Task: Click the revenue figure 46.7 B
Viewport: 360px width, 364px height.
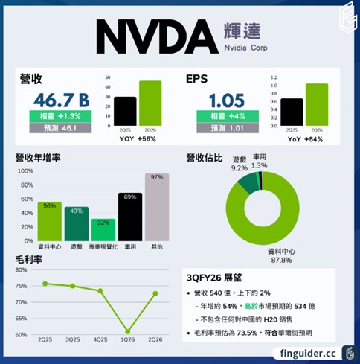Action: [60, 99]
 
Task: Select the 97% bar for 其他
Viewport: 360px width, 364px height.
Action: [157, 208]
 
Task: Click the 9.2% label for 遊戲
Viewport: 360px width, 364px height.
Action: [240, 169]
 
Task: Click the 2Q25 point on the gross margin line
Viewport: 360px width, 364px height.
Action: [45, 284]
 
